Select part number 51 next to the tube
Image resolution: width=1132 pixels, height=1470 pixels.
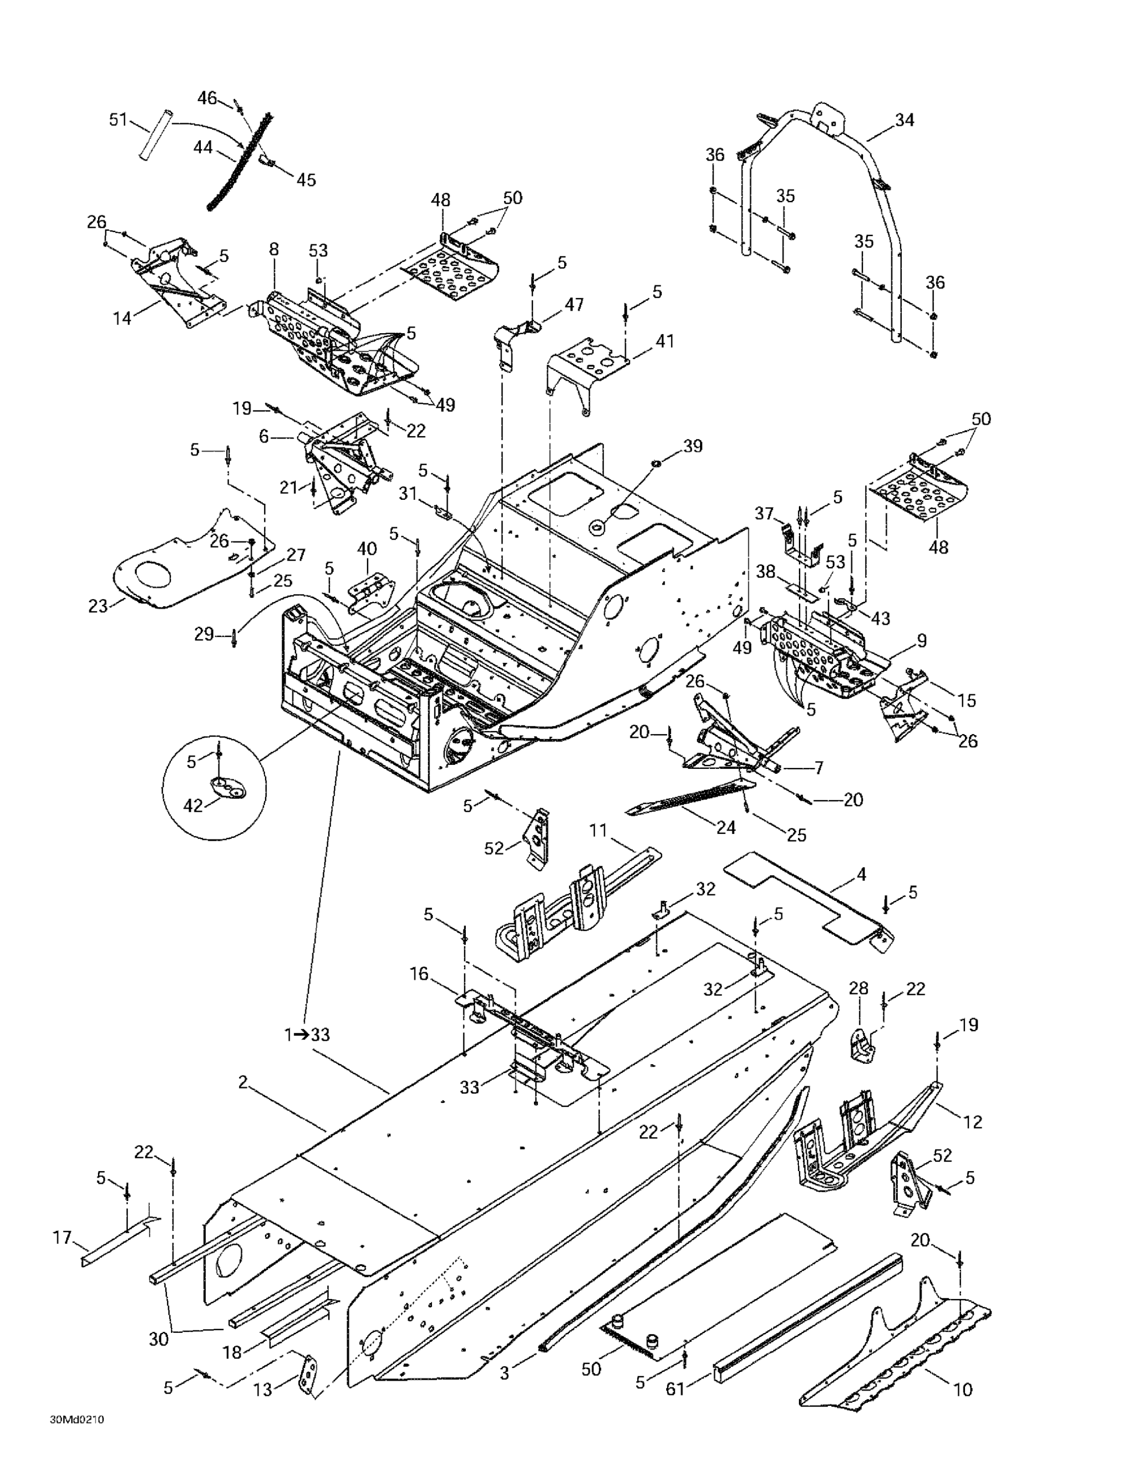pos(119,120)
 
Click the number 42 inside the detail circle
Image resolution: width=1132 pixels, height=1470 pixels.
pos(193,805)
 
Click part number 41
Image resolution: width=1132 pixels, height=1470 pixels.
pos(664,341)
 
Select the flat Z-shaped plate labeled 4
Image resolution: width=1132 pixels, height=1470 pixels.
pos(808,901)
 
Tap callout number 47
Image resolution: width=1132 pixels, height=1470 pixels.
pos(574,304)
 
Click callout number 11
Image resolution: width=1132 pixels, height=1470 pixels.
pos(598,830)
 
